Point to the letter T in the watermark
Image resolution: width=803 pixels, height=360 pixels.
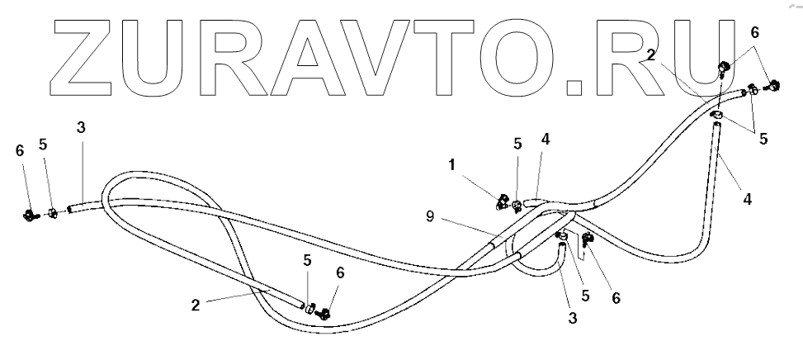tap(463, 54)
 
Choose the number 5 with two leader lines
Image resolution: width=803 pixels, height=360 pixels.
tap(763, 139)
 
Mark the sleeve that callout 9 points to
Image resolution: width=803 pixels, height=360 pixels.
tap(496, 244)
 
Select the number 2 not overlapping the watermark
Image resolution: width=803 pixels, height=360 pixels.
tap(196, 303)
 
